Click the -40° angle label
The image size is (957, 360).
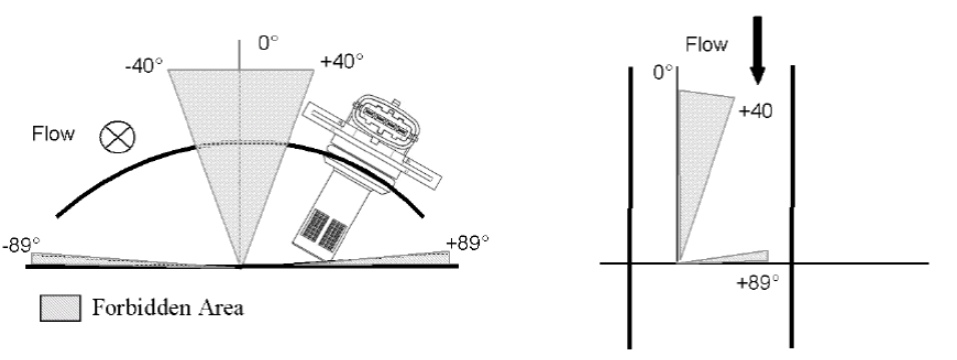coord(144,66)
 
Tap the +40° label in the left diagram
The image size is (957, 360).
coord(342,61)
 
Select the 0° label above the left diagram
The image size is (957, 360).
coord(268,43)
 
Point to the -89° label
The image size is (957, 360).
coord(20,245)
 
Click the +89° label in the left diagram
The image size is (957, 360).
coord(468,243)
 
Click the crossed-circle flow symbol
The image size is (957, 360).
coord(117,137)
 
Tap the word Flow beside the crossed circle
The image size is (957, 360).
coord(53,134)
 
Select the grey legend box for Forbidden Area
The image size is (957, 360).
coord(60,308)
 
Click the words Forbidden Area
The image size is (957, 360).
coord(168,308)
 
